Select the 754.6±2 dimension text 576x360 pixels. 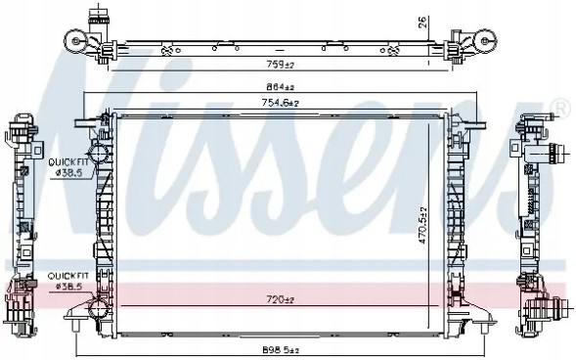pos(279,103)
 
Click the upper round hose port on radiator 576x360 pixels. pos(98,154)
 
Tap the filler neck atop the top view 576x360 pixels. pos(97,19)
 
